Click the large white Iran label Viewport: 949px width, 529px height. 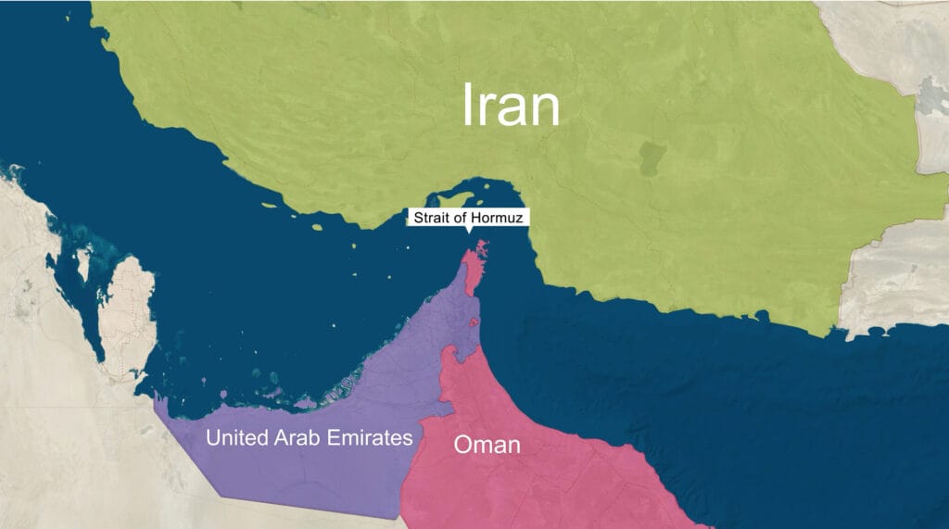click(x=512, y=106)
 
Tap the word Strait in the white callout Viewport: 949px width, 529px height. click(x=431, y=219)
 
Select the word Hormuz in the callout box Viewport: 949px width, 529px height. click(x=501, y=219)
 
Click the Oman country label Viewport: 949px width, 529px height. click(x=487, y=445)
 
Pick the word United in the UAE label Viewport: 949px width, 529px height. click(x=236, y=437)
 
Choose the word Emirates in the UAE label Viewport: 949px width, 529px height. click(x=370, y=437)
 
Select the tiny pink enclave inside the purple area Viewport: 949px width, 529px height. click(x=474, y=322)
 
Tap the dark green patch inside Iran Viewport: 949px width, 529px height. click(x=652, y=158)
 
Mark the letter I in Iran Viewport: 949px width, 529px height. click(x=469, y=106)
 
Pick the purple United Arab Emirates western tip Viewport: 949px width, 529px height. click(x=160, y=400)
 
